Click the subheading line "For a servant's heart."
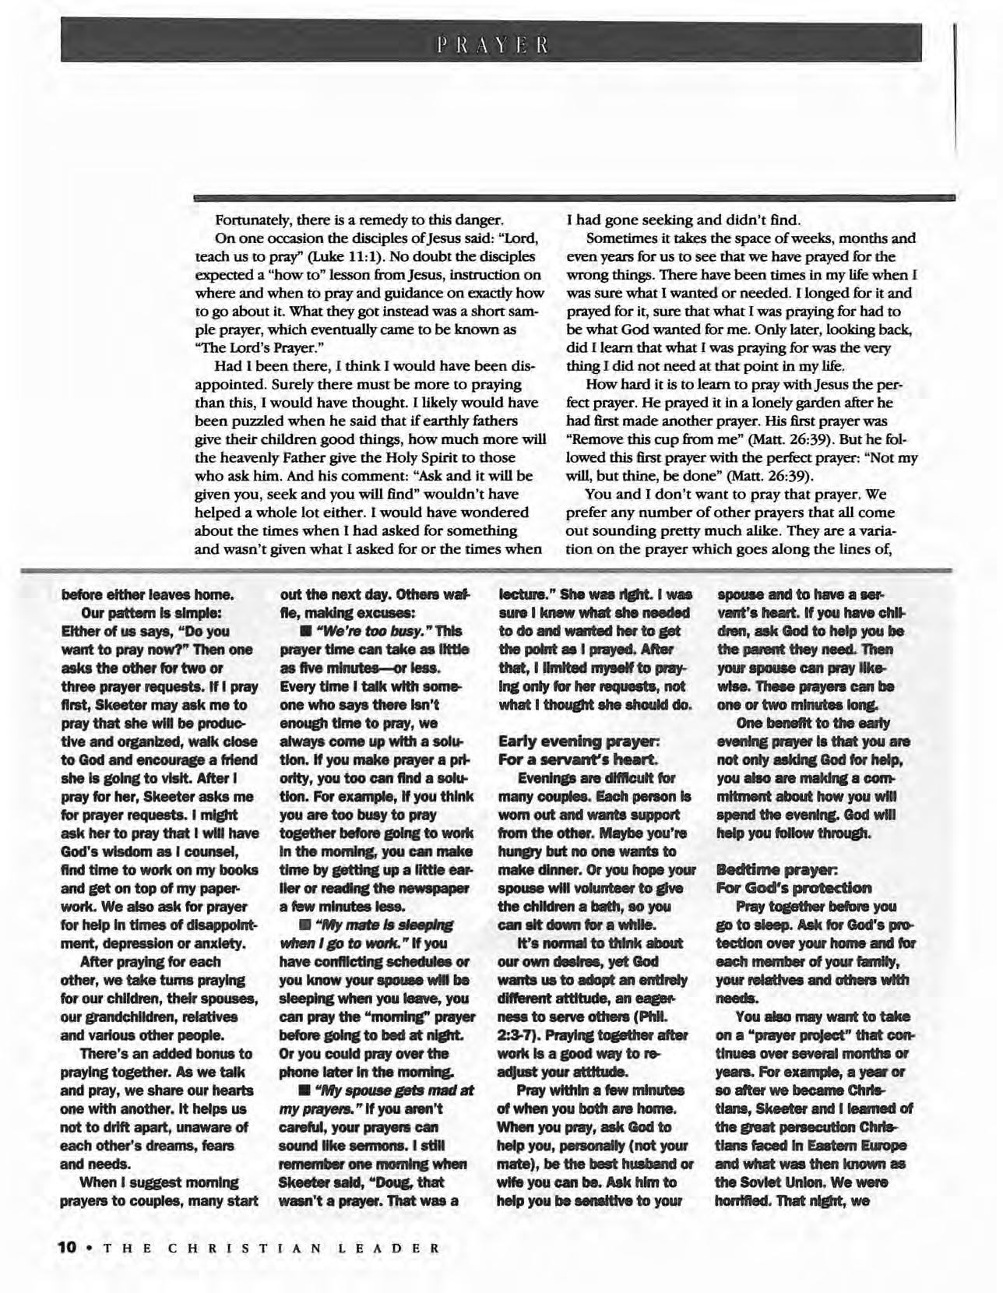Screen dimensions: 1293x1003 tap(578, 759)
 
